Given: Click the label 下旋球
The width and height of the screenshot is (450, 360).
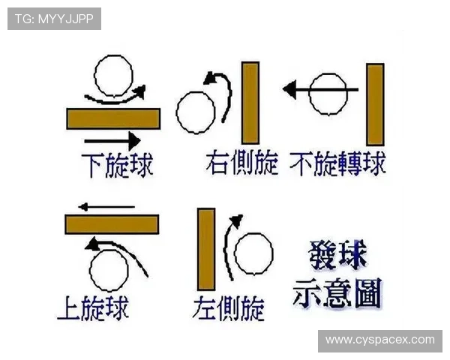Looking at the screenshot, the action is (117, 165).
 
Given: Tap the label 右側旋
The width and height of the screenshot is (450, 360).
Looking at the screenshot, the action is (242, 163).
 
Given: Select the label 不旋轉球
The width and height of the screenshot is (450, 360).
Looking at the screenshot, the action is (337, 164).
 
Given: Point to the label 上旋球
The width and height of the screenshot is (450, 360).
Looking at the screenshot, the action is (93, 308).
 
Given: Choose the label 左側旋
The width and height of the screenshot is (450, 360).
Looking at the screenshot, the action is (229, 308).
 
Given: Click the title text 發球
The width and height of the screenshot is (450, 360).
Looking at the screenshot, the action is (337, 255).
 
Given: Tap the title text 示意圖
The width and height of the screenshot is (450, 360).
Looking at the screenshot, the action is (337, 293).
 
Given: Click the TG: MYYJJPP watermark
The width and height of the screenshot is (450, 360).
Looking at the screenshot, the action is (54, 19).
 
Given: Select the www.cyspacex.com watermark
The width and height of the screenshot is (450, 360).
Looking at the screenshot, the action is (380, 340).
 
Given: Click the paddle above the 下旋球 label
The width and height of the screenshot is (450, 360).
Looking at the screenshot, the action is (113, 118).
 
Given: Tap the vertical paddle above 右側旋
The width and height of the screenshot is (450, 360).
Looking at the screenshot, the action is (250, 103).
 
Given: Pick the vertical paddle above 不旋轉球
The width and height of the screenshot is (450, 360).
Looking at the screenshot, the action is (375, 104).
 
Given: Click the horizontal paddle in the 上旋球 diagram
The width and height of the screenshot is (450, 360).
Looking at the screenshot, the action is (112, 224).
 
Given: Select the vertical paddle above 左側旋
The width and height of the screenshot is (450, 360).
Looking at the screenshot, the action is (206, 249).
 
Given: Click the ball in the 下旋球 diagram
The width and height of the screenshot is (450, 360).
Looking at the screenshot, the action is (114, 76).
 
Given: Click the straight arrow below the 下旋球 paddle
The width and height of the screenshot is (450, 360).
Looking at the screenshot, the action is (112, 141).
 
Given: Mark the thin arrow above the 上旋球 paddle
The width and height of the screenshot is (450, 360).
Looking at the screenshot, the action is (106, 207).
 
